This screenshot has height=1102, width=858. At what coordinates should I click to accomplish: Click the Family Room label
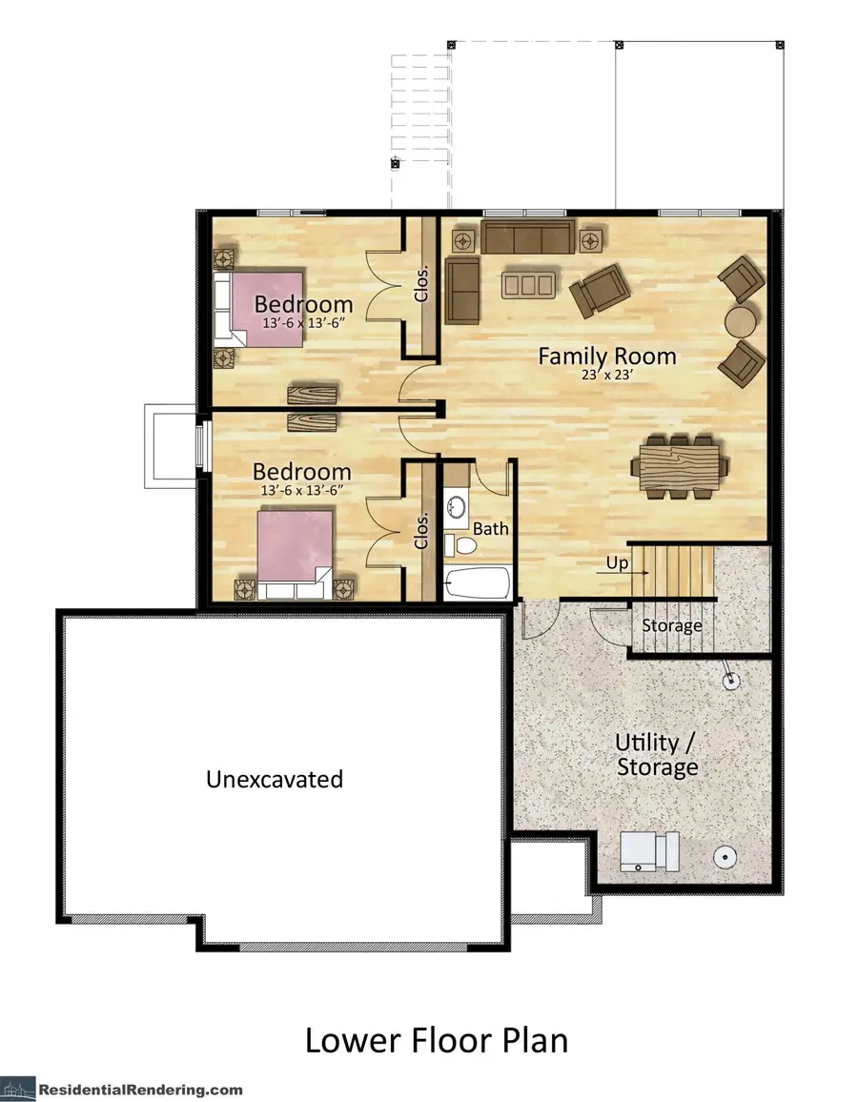tap(607, 357)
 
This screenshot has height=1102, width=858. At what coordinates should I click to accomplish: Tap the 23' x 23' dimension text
tap(607, 376)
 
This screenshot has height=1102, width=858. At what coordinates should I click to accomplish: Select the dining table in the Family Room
tap(681, 466)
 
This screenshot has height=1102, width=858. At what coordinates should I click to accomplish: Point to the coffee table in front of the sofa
tap(529, 283)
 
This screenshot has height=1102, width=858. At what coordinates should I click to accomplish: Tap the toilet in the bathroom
tap(461, 545)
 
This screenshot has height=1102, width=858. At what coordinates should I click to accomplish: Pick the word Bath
tap(491, 527)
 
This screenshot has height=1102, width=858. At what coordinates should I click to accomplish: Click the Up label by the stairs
tap(617, 563)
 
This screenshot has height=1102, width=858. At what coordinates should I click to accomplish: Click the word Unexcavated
tap(275, 779)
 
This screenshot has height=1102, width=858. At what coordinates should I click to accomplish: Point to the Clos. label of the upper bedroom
tap(421, 282)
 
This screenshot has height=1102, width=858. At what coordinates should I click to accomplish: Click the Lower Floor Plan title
tap(436, 1040)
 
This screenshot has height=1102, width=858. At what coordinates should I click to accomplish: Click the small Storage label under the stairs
tap(671, 626)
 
